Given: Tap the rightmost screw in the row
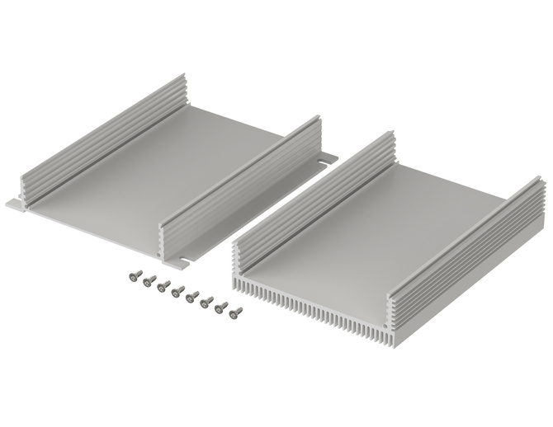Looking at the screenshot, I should tap(236, 312).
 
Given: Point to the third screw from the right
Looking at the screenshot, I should tap(207, 301).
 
